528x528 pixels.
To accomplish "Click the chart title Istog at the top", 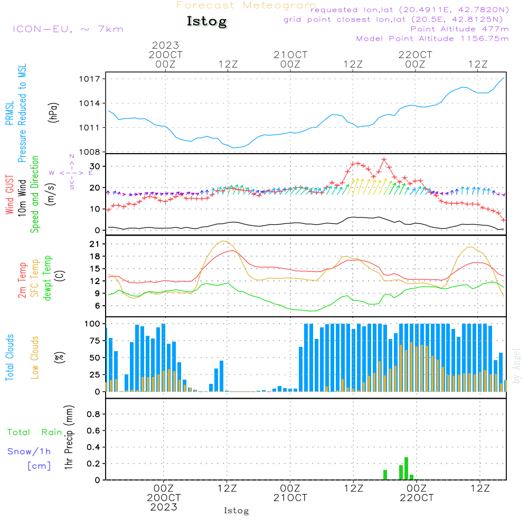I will (206, 22).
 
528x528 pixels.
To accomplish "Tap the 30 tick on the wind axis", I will (95, 166).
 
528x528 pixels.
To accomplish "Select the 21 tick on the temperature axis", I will (95, 244).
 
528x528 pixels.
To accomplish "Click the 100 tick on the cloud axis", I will (92, 323).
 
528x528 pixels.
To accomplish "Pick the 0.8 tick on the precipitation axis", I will (93, 414).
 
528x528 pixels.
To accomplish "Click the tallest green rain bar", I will (406, 468).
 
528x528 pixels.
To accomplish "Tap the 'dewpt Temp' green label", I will (48, 278).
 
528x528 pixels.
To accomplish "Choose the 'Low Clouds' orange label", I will (35, 357).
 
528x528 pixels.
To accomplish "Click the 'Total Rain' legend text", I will (34, 432).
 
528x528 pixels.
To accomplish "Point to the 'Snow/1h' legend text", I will (29, 451).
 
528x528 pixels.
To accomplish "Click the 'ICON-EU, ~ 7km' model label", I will (68, 29).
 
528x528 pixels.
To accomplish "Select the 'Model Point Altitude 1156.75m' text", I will (432, 39).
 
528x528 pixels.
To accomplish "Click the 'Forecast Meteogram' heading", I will (246, 6).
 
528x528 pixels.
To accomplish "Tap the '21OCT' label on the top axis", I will (290, 55).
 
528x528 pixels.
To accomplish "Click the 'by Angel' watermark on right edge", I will (516, 366).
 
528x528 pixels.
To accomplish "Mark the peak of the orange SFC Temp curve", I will (225, 241).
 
